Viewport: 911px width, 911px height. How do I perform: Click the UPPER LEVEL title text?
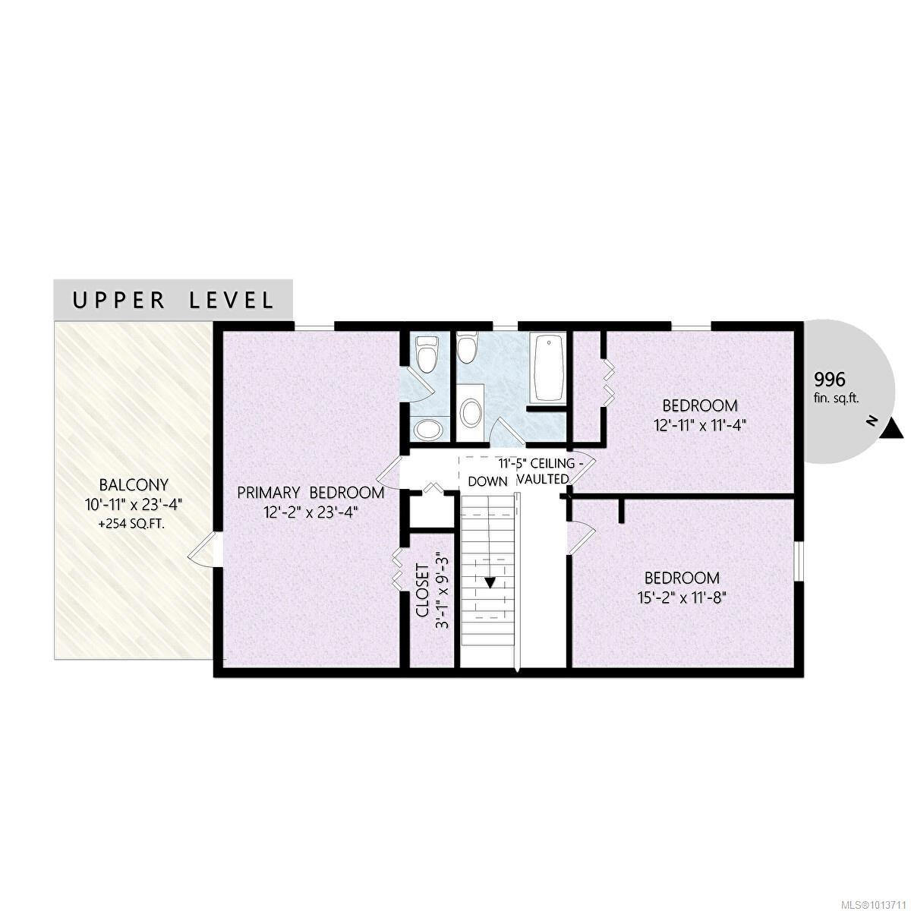172,300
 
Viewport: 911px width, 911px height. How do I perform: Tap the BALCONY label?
134,484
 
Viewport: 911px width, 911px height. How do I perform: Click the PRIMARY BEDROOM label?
310,493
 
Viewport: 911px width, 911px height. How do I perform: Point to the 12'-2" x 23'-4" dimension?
310,512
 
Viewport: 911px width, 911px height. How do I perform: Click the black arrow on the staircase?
490,582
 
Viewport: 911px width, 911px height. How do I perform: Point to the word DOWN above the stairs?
487,481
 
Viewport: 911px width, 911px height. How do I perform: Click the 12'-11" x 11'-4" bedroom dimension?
700,425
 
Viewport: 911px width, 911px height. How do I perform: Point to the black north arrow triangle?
895,430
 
